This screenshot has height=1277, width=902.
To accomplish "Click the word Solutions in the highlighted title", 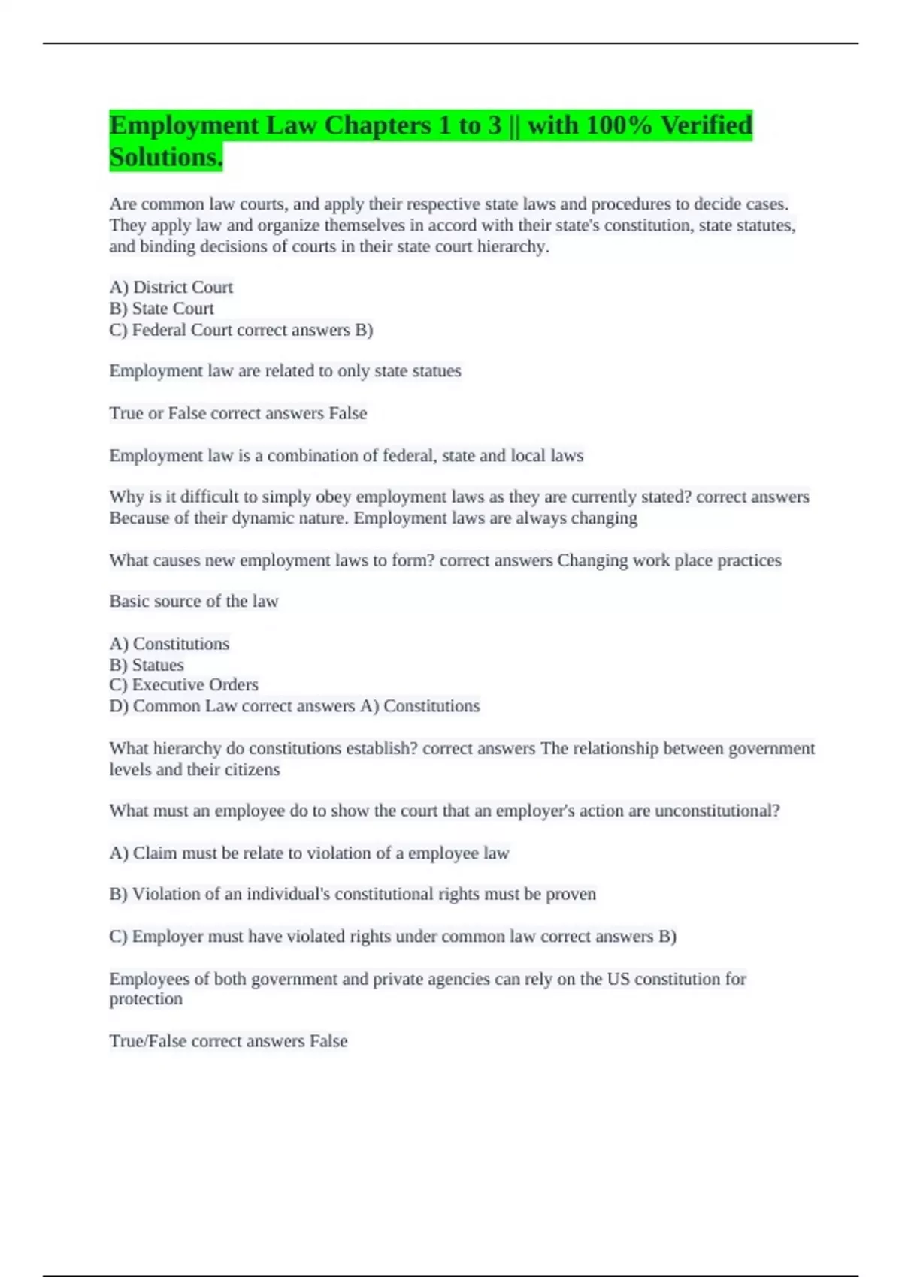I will (x=165, y=157).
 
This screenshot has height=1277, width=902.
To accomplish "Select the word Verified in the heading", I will (x=706, y=125).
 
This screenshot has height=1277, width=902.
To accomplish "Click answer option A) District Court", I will (x=171, y=287).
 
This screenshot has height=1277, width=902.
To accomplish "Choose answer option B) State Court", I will (x=162, y=309).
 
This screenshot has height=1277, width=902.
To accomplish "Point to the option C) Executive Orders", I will (x=184, y=685).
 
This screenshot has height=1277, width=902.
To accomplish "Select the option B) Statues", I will (x=147, y=665).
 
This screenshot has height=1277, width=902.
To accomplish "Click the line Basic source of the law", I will (x=194, y=601).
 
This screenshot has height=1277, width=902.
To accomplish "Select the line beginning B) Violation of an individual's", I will (x=353, y=894).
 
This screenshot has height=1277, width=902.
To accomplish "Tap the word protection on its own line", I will (x=146, y=999).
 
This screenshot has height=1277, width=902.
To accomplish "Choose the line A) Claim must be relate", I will (x=309, y=853).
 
